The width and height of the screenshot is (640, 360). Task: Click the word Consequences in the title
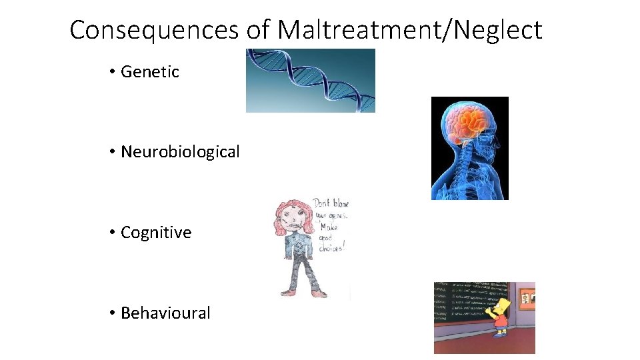tap(154, 30)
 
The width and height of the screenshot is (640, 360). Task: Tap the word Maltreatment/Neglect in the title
tap(409, 30)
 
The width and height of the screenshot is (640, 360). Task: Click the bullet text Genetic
tap(150, 72)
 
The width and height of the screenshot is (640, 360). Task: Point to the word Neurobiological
tap(180, 152)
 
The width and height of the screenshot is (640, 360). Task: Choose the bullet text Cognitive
tap(156, 233)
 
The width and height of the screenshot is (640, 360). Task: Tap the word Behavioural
tap(165, 313)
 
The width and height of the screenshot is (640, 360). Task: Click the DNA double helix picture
tap(310, 80)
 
